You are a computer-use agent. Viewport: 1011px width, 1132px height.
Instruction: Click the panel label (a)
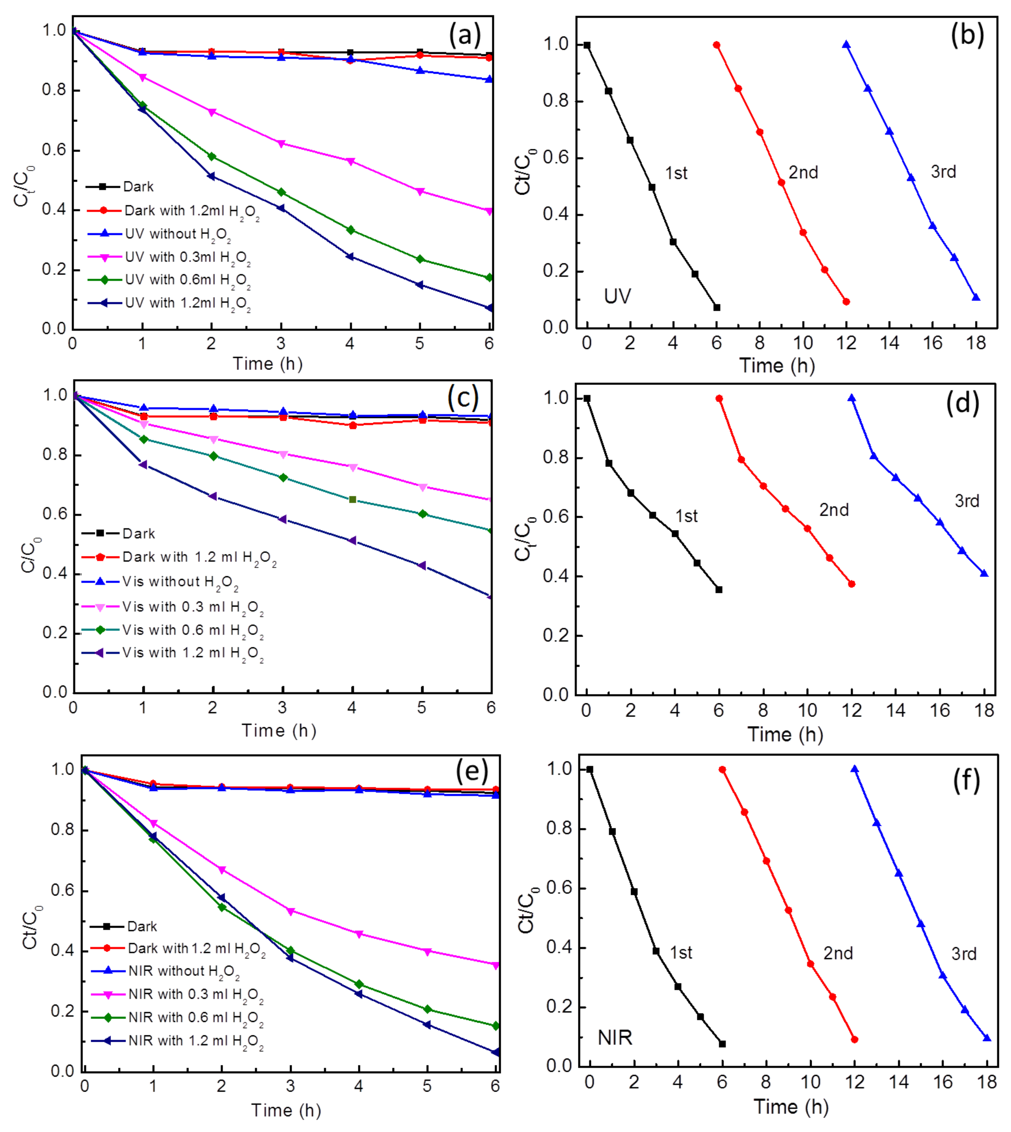[464, 36]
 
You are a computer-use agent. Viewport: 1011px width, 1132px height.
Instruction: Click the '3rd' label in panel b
[943, 172]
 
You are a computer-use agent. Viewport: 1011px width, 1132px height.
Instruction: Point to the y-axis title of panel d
[525, 539]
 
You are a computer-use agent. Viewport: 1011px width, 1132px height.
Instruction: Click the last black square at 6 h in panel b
[717, 307]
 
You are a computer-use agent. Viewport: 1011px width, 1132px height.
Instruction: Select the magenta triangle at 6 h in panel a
[489, 211]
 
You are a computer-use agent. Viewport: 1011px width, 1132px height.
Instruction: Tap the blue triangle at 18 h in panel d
[984, 573]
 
